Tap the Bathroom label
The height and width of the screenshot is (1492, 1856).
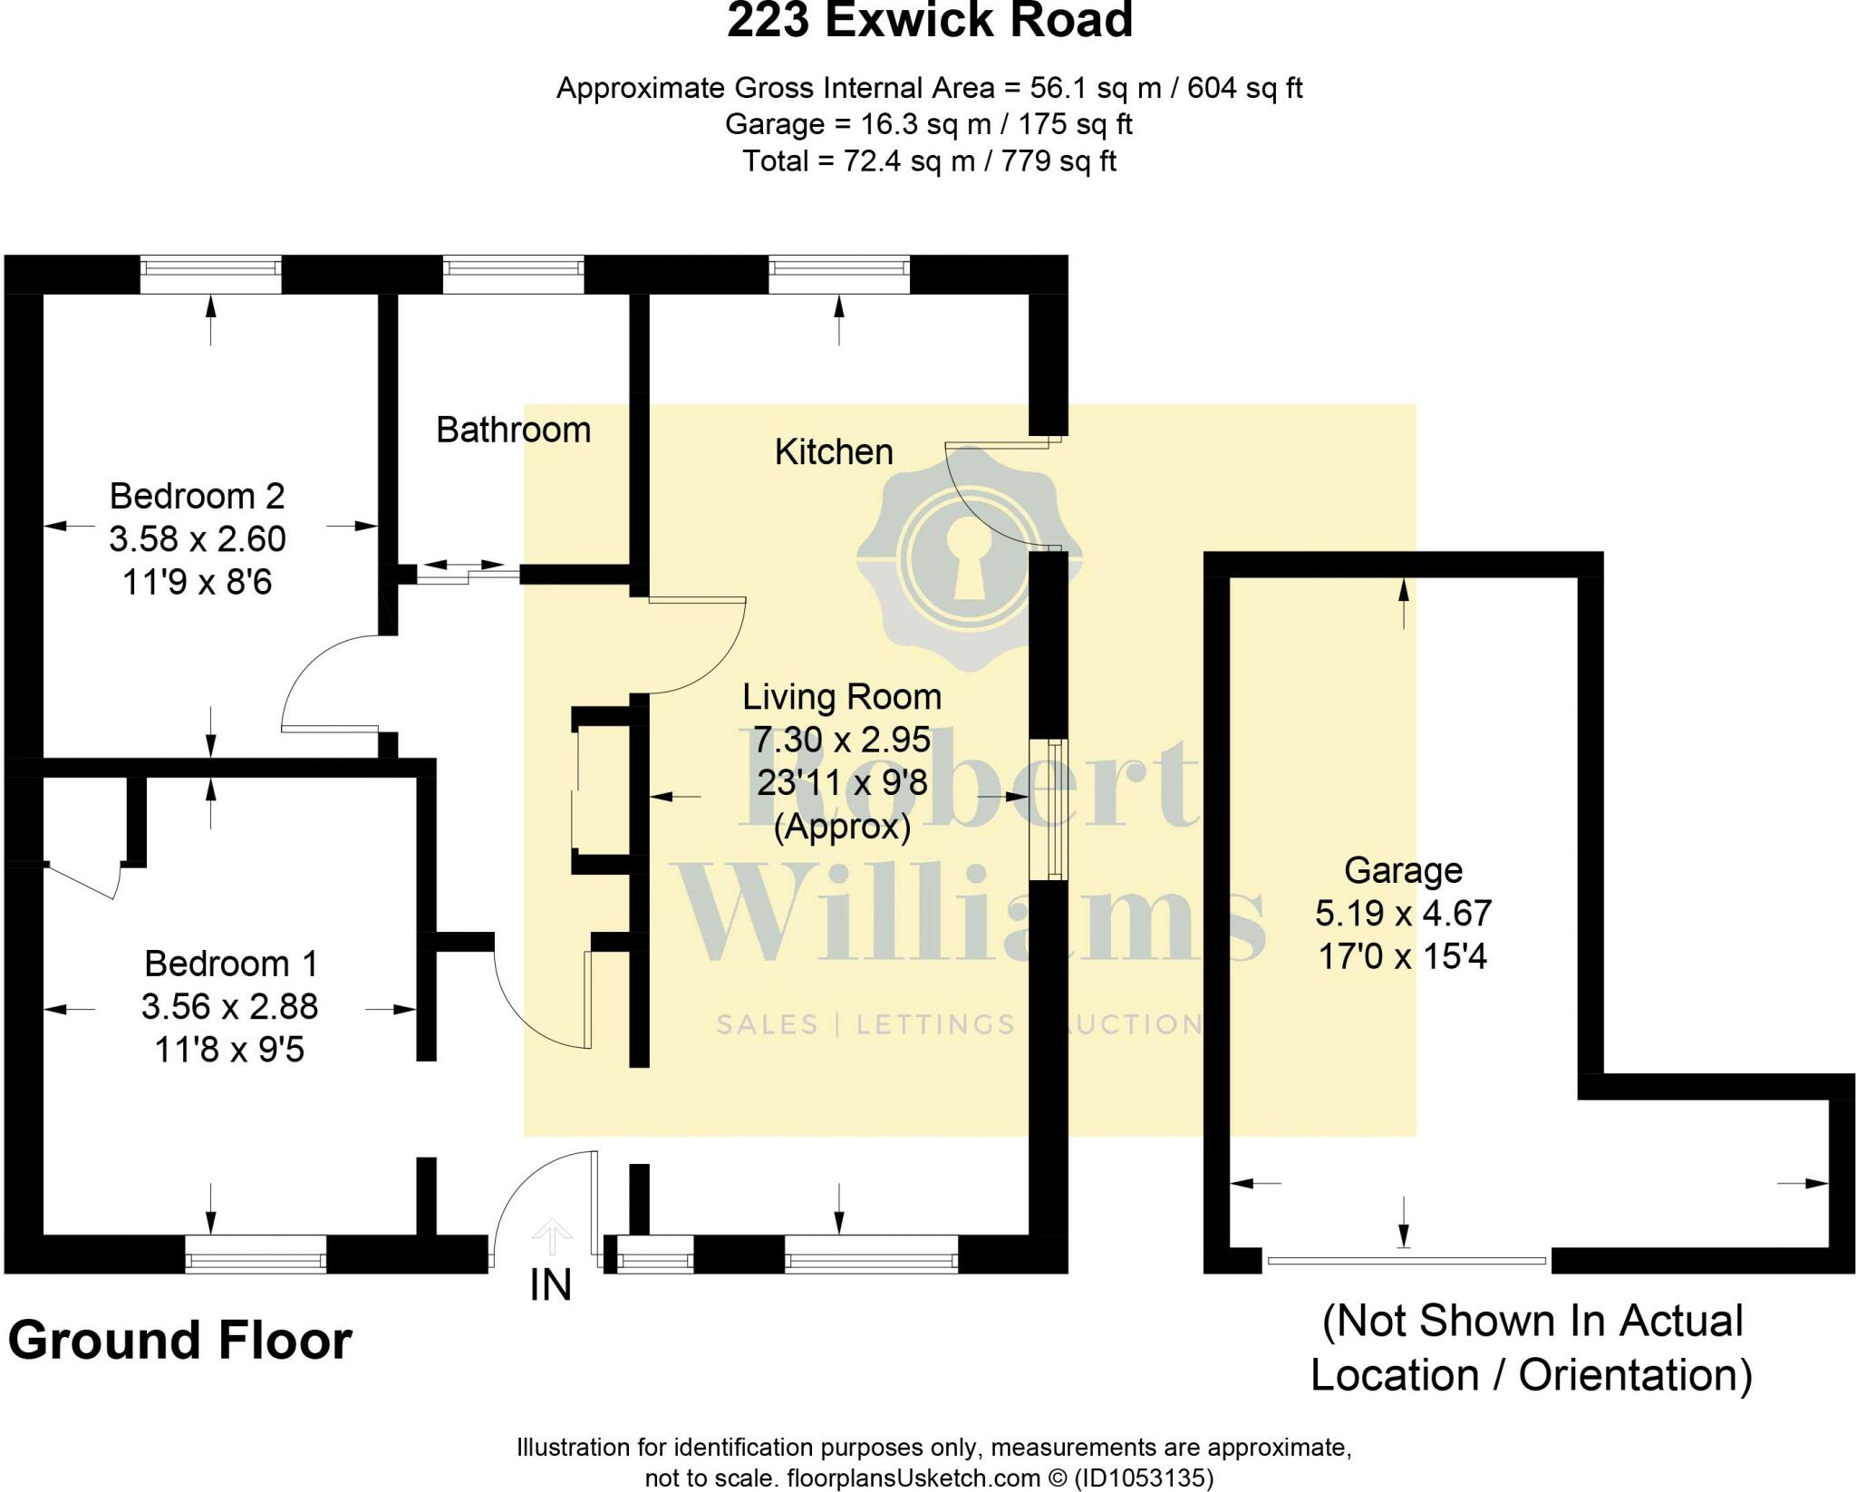click(x=513, y=430)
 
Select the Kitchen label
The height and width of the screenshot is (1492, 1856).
click(x=834, y=451)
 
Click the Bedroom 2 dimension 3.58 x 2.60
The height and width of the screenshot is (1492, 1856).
click(x=198, y=539)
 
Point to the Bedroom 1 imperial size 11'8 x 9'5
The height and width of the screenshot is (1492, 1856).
click(x=229, y=1050)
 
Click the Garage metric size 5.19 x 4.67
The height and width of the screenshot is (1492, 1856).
click(x=1403, y=913)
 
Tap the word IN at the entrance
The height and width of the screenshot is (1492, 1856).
click(x=551, y=1285)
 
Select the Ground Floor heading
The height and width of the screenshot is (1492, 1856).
click(x=179, y=1341)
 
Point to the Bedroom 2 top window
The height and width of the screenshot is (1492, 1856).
click(x=210, y=274)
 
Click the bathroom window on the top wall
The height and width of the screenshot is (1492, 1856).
click(x=513, y=274)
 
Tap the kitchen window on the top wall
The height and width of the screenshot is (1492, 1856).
click(x=839, y=274)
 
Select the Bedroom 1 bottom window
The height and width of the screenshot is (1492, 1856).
click(x=256, y=1255)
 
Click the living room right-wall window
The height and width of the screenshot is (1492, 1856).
click(x=1049, y=809)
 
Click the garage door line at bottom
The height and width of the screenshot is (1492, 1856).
click(x=1406, y=1260)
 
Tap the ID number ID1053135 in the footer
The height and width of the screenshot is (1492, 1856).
click(x=1143, y=1477)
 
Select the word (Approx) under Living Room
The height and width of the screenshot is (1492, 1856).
click(x=842, y=828)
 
